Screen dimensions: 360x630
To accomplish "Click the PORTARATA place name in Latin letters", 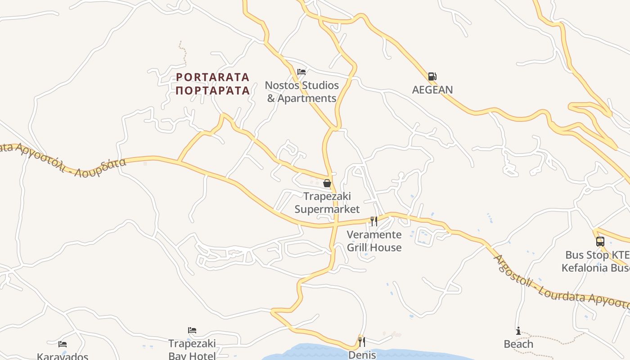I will point(212,77).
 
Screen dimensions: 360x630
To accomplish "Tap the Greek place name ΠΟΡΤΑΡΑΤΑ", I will point(212,90).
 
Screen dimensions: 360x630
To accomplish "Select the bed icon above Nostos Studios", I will point(301,72).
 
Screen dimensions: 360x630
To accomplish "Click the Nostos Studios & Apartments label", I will point(302,92).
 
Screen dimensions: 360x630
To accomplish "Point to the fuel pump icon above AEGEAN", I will point(432,76).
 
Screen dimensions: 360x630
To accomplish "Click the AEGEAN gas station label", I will point(432,90).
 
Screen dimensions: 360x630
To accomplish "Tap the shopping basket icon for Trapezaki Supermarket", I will point(327,183).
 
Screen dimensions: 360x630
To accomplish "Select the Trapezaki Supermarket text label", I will point(327,203).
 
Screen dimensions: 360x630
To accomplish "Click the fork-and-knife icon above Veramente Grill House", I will point(374,221).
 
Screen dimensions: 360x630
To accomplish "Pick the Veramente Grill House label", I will point(374,241).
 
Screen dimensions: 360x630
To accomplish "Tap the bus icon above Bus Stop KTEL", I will point(600,242).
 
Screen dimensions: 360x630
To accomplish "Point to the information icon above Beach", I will point(518,331).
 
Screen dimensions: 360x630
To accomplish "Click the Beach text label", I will point(518,344).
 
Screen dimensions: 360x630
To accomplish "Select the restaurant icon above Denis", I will point(361,342).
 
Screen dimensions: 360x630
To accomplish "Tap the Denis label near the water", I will point(362,355).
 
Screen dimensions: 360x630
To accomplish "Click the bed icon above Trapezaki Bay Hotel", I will point(192,330).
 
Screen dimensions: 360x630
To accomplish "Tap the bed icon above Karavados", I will point(63,344).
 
